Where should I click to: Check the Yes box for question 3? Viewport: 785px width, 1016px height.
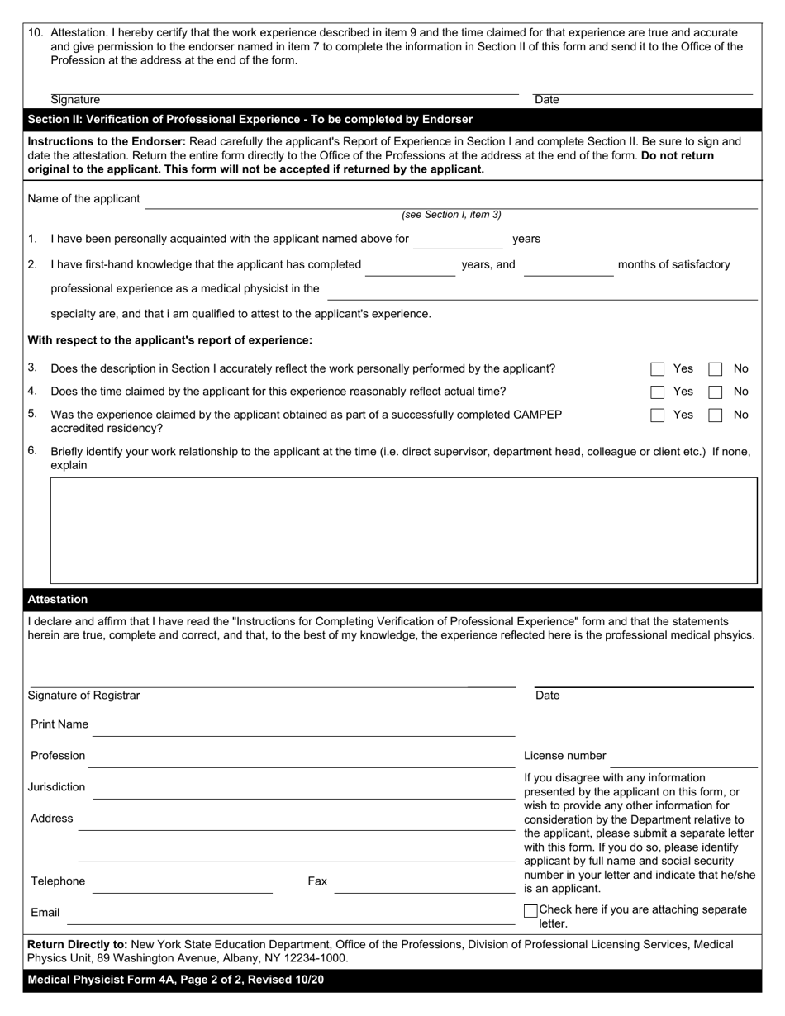pos(658,369)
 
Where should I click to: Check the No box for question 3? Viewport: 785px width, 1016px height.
pos(716,369)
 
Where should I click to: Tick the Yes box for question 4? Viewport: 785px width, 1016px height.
pos(658,392)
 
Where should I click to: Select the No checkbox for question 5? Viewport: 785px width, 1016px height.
pos(716,415)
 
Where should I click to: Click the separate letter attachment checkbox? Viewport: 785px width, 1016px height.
pos(530,910)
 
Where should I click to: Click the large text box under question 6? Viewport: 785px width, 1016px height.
pos(404,530)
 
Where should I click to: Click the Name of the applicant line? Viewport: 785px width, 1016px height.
pos(450,200)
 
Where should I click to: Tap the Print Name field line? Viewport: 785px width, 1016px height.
pos(303,726)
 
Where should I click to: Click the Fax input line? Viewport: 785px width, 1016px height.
pos(424,884)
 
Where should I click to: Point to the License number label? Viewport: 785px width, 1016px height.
pos(564,756)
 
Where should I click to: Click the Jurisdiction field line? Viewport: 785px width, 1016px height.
pos(303,790)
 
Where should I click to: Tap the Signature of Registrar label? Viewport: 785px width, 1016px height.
pos(84,696)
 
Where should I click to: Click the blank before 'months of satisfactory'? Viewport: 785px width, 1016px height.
pos(568,267)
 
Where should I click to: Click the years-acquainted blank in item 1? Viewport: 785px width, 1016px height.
pos(458,240)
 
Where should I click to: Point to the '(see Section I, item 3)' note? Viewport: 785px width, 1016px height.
pos(451,215)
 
